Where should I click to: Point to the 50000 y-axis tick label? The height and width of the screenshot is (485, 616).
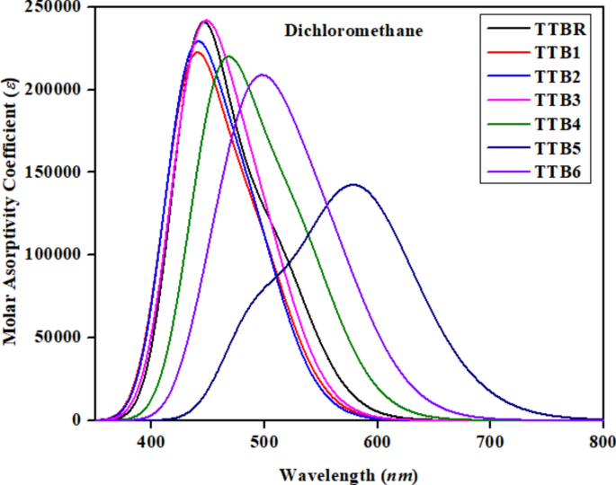click(x=60, y=338)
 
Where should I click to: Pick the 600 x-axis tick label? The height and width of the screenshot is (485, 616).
click(x=377, y=441)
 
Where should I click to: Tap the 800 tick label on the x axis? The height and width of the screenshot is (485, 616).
click(x=602, y=441)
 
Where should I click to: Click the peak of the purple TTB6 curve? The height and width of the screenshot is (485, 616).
click(x=263, y=75)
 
